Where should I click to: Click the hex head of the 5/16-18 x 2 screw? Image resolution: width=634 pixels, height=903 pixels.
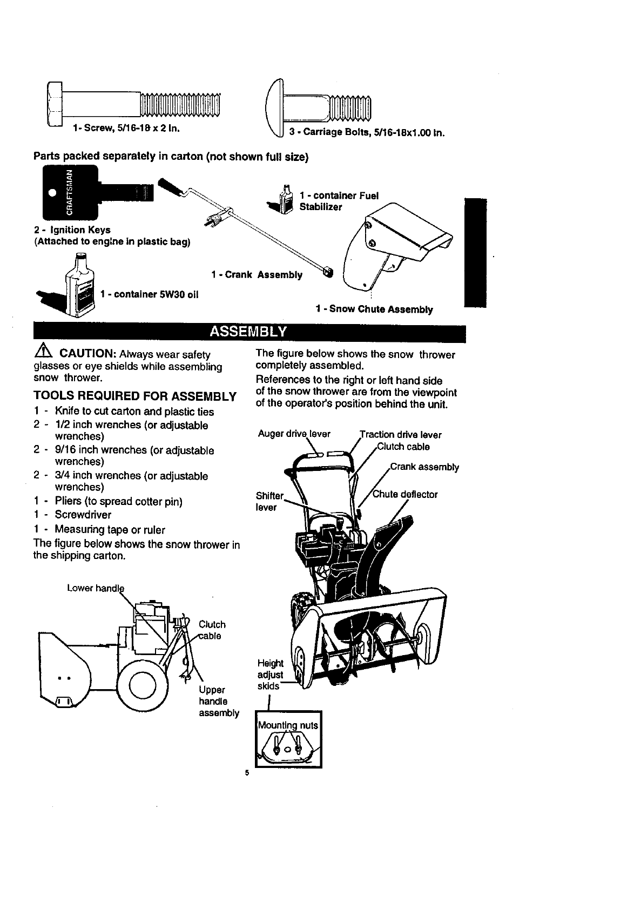[x=56, y=104]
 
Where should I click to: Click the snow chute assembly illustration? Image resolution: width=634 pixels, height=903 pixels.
[x=397, y=246]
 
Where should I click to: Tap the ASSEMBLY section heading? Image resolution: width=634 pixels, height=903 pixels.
[x=249, y=331]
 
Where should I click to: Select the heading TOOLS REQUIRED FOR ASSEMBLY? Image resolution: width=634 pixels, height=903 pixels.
[x=134, y=396]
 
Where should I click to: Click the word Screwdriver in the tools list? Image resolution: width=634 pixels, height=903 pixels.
[x=83, y=515]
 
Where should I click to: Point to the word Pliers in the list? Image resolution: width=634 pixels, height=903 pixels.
[x=68, y=501]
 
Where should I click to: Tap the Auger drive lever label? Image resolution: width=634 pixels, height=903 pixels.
[x=294, y=434]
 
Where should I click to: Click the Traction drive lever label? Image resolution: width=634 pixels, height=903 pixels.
[x=401, y=435]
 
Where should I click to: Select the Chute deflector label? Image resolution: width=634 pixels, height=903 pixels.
[x=406, y=494]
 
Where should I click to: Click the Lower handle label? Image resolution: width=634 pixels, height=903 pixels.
[x=95, y=588]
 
